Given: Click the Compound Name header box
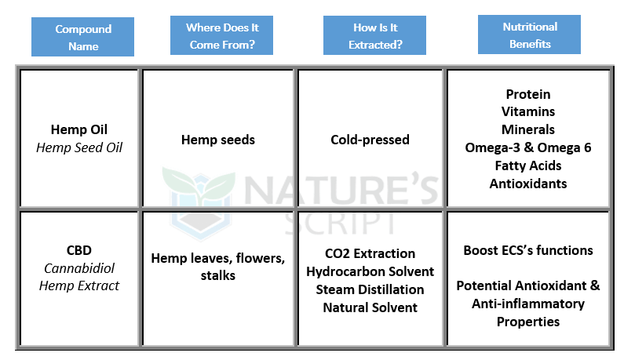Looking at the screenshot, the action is coord(82,37).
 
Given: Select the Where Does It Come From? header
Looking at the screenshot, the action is coord(221,35).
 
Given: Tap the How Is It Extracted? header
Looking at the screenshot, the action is coord(374,35).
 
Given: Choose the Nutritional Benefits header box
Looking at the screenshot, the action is coord(529,35).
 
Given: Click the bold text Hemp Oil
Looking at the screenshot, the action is coord(79,129).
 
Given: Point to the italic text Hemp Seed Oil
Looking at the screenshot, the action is coord(79,147).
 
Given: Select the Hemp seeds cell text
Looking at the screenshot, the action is coord(218,140).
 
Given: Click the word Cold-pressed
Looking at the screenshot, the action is coord(370,140).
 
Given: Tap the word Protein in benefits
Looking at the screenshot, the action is coord(528,94).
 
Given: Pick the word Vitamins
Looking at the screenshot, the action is coord(528,112).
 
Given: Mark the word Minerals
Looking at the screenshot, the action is coord(528,129).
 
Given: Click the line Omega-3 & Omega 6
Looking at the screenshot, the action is coord(528,147).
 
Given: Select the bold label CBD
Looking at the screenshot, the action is coord(79,250).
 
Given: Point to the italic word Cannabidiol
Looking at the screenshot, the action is coord(79,268).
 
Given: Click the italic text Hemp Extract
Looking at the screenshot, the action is coord(79,285).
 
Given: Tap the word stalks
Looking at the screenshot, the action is coord(218,275).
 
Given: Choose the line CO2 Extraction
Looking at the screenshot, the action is coord(370,253).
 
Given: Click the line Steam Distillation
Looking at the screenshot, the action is coord(370,289).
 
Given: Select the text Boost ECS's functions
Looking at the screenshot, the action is coord(528,250).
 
